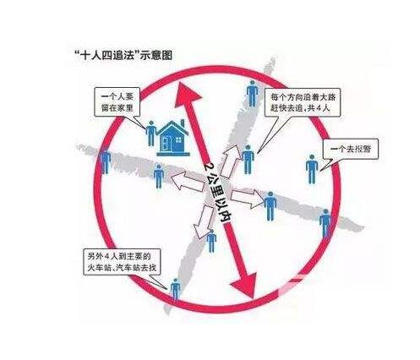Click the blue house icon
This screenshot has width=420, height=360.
(173, 139)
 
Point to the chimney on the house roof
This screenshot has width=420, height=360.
(183, 123)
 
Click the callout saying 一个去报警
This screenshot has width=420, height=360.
(351, 149)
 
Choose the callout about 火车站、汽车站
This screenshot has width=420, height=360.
(122, 262)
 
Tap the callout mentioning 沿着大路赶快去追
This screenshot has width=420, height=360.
(303, 102)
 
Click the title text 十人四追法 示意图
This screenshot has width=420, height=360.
(123, 55)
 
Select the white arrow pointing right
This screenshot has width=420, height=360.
(248, 199)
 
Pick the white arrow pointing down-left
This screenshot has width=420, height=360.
(204, 221)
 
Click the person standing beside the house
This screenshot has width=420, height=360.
(151, 134)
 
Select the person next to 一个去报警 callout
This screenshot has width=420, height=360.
(312, 169)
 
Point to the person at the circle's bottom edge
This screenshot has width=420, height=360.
(175, 290)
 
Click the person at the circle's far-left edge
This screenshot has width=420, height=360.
(106, 161)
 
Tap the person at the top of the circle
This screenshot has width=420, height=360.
(252, 94)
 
